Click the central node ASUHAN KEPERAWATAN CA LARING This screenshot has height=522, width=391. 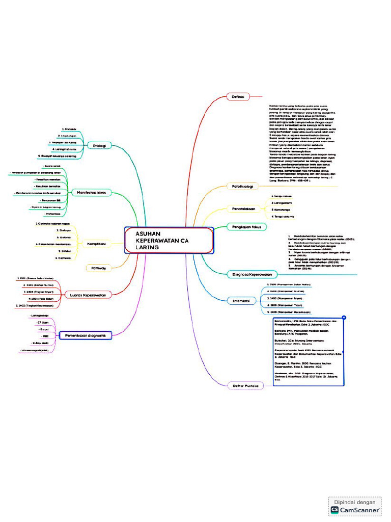[x=168, y=240]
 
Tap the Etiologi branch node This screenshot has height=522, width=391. [x=99, y=146]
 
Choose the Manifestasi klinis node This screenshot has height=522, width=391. [x=92, y=192]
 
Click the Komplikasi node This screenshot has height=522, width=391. [x=96, y=244]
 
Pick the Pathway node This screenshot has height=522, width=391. [x=99, y=268]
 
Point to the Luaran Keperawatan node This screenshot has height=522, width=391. [x=91, y=295]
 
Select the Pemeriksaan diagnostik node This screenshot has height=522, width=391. [x=86, y=335]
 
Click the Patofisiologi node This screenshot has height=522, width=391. [x=243, y=187]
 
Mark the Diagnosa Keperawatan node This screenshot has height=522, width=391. [x=249, y=274]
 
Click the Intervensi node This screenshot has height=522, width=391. [x=241, y=301]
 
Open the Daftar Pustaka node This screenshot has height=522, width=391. [x=245, y=385]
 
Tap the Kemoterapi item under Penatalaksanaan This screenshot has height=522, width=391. [x=281, y=210]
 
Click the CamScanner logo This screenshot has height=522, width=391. [x=355, y=509]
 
